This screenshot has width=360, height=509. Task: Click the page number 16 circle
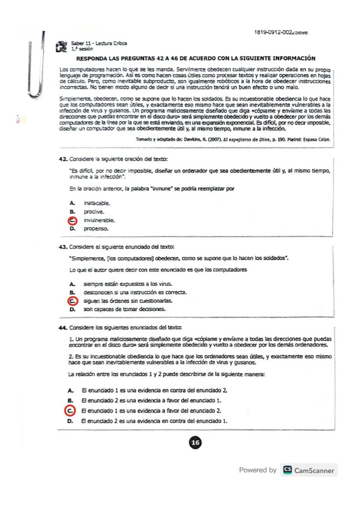click(x=196, y=442)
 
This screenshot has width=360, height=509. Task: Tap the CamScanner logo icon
click(x=287, y=470)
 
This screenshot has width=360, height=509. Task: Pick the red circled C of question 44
click(x=69, y=410)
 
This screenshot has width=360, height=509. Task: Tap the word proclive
click(x=90, y=211)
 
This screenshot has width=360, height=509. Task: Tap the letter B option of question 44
click(x=70, y=400)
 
